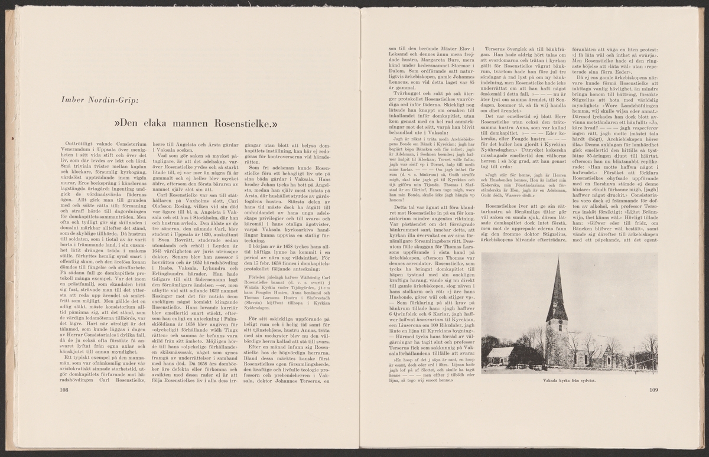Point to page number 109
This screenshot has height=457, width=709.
pos(653,389)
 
